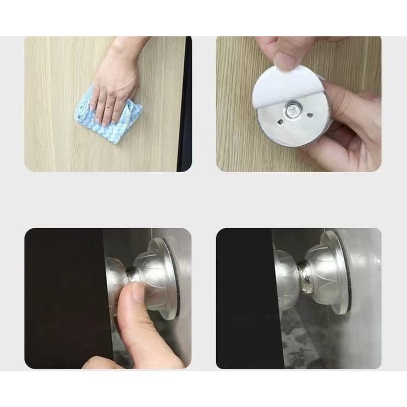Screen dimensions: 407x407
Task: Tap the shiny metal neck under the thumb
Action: click(x=133, y=273)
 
